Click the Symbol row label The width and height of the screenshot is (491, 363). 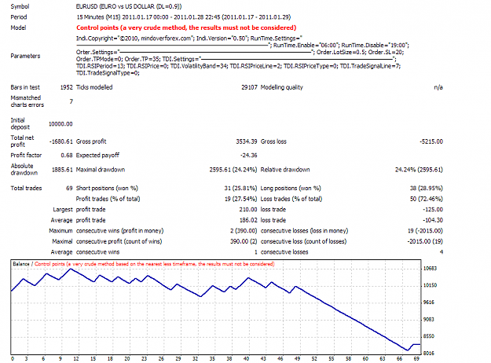coord(20,6)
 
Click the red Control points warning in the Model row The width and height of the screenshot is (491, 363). coord(186,27)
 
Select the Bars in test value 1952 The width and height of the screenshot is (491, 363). coord(67,87)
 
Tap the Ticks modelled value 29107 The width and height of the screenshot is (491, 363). coord(249,87)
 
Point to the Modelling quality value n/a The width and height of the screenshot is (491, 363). coord(438,87)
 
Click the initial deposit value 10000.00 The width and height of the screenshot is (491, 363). coord(60,123)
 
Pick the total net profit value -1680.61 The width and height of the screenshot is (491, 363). coord(60,141)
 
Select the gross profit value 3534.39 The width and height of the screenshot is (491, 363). coord(247,141)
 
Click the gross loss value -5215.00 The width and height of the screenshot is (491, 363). coord(431,141)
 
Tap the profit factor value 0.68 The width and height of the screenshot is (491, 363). coord(67,155)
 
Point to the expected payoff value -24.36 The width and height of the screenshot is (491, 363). coord(248,155)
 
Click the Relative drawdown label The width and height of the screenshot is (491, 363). coord(285,170)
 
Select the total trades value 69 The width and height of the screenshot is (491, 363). coord(69,188)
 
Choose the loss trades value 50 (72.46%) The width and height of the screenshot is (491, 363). coord(426,199)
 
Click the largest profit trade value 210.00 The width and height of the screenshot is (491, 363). coord(248,209)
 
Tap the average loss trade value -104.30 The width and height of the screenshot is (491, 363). coord(432,220)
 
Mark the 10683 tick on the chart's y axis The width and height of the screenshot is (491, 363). coord(430,269)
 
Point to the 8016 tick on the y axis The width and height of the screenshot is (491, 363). coord(429,353)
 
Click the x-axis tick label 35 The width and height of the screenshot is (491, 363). coord(212,358)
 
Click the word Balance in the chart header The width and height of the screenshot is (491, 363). coord(21,264)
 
